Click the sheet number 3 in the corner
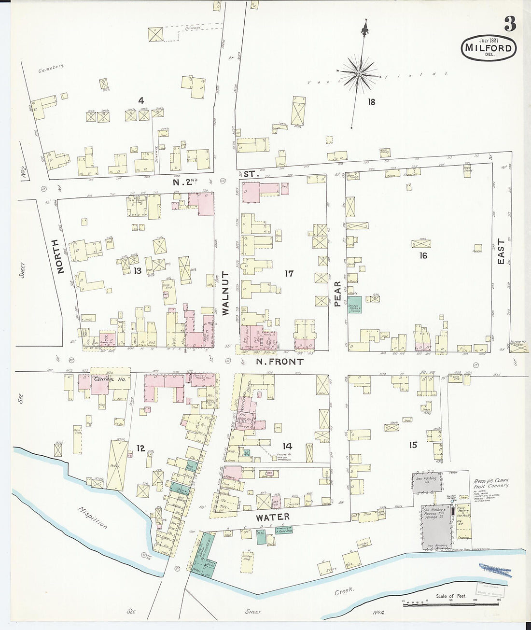[x=510, y=24]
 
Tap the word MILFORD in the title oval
[x=488, y=48]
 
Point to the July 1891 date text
[x=489, y=40]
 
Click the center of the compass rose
[x=359, y=74]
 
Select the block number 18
[x=371, y=102]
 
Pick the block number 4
[x=141, y=100]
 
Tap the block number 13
[x=138, y=271]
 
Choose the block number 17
[x=289, y=274]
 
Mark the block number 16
[x=423, y=255]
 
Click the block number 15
[x=413, y=445]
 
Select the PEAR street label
[x=337, y=294]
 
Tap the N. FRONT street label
[x=279, y=362]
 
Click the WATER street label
[x=273, y=517]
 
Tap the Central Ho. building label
[x=110, y=379]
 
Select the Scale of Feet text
[x=451, y=596]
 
